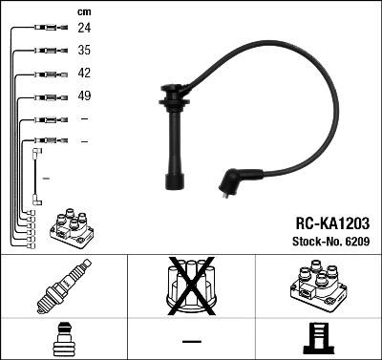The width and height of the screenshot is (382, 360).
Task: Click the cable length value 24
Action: click(x=84, y=28)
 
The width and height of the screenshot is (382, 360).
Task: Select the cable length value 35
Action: click(x=84, y=50)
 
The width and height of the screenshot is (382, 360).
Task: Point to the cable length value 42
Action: click(x=84, y=73)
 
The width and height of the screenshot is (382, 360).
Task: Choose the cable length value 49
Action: click(x=84, y=95)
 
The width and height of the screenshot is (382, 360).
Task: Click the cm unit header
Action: click(x=84, y=11)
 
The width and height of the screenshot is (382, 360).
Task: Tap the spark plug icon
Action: click(x=63, y=286)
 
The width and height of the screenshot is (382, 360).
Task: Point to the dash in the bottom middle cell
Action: click(x=191, y=340)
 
